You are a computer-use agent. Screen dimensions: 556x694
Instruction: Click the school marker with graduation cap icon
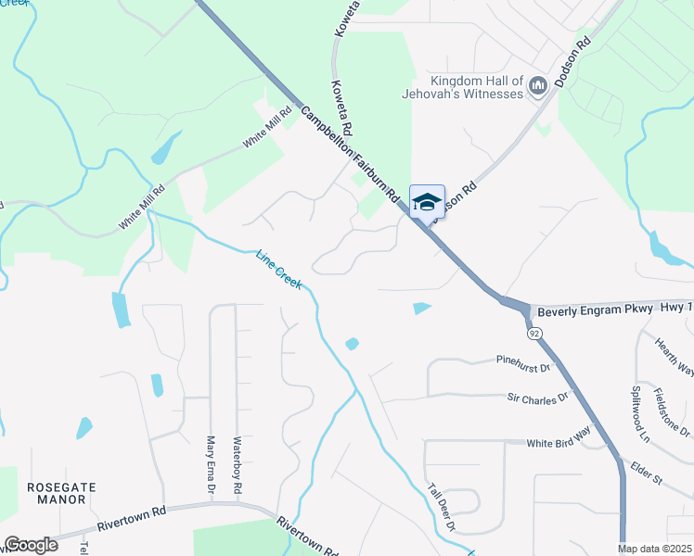click(x=427, y=202)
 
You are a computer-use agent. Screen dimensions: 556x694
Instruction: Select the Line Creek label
click(x=279, y=269)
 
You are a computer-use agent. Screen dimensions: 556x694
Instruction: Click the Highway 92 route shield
click(x=533, y=331)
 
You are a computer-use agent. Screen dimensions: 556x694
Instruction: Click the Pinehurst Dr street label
click(x=523, y=362)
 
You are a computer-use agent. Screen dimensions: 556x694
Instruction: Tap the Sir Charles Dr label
click(x=536, y=398)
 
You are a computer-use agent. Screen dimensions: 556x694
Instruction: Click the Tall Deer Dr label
click(x=442, y=508)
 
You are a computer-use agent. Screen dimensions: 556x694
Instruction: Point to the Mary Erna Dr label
click(x=211, y=464)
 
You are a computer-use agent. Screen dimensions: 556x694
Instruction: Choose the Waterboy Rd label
click(x=238, y=464)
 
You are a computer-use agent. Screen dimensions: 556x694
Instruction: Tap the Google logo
click(x=31, y=544)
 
